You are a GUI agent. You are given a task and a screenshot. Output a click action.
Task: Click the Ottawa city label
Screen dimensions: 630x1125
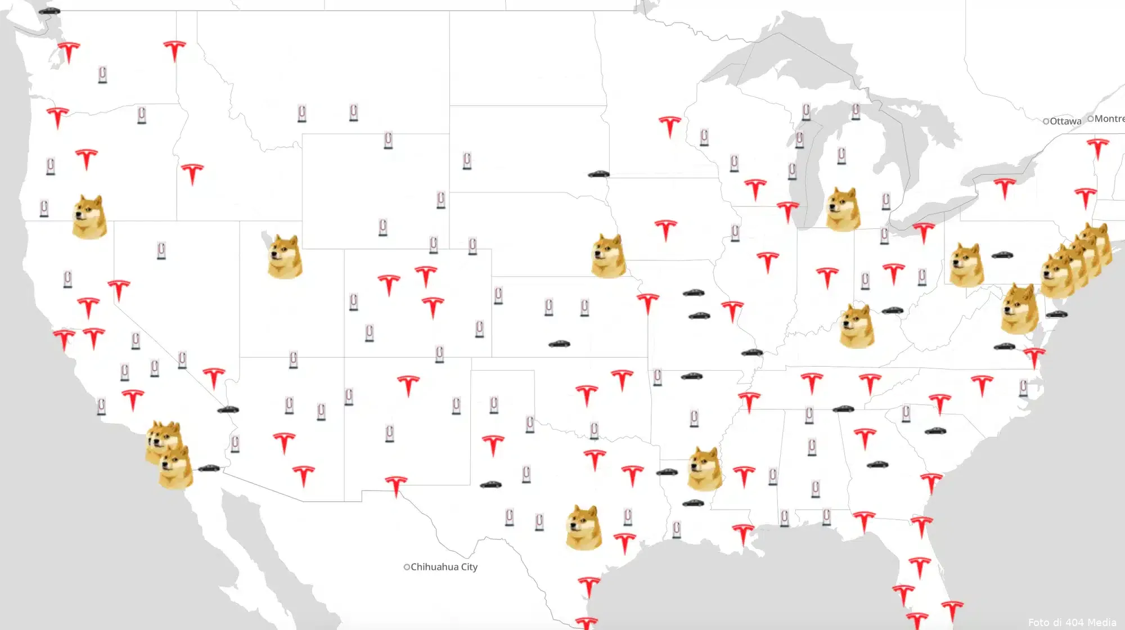click(x=1065, y=121)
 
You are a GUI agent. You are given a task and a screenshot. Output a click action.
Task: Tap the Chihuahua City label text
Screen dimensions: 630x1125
click(x=444, y=567)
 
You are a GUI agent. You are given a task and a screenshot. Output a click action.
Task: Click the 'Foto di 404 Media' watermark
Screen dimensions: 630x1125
click(x=1072, y=622)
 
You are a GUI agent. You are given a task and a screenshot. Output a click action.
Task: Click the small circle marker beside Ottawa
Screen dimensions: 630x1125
click(x=1046, y=121)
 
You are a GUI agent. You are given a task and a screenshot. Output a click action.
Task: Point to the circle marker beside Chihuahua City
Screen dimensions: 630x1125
click(x=407, y=567)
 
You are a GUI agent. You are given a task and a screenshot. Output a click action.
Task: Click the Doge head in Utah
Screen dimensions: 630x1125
click(x=285, y=257)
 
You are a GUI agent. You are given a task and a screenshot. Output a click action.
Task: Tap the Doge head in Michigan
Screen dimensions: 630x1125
click(x=843, y=209)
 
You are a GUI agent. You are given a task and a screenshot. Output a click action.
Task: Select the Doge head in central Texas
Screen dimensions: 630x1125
click(x=583, y=527)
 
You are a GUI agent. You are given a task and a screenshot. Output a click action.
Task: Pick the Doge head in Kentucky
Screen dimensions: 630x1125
click(x=857, y=326)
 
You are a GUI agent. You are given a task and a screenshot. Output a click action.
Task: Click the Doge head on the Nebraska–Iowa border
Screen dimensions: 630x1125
click(x=609, y=256)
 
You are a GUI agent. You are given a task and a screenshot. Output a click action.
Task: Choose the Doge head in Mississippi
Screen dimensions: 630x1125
click(x=705, y=468)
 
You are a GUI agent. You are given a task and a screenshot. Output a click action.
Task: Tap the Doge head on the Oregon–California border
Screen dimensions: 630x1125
click(x=90, y=217)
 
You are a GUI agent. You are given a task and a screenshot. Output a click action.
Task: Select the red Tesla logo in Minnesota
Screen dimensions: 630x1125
click(x=669, y=127)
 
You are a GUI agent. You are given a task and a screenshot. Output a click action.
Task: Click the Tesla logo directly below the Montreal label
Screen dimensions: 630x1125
click(x=1097, y=149)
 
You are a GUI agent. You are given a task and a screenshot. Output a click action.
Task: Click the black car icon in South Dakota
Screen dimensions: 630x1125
click(x=598, y=174)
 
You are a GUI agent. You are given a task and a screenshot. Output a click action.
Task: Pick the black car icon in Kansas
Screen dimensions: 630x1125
click(x=559, y=344)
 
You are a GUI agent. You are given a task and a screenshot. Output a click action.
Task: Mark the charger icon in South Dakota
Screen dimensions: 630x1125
click(x=467, y=161)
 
